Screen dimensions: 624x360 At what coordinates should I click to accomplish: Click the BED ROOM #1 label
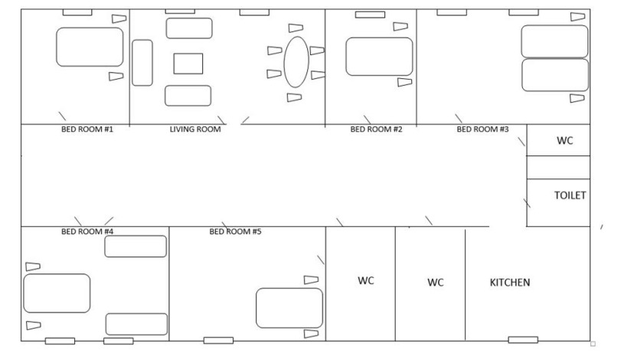(87, 129)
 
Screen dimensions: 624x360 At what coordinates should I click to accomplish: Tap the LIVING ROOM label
(195, 129)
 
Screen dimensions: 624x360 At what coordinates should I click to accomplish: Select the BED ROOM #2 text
(376, 129)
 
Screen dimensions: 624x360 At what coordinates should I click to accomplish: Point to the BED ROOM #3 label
(482, 129)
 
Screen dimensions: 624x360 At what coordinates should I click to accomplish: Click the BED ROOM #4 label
(87, 231)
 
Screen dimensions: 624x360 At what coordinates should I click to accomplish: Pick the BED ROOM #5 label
(235, 231)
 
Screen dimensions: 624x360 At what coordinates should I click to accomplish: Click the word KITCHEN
(510, 283)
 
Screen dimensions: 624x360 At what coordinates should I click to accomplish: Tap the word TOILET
(570, 195)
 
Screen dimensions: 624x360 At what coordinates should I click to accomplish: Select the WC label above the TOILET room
(565, 141)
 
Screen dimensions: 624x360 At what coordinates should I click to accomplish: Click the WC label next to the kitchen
(436, 283)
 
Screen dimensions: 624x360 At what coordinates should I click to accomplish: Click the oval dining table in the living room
(296, 62)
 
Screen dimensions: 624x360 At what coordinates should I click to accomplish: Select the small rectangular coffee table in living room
(188, 64)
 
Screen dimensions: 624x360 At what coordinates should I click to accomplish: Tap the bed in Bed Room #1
(90, 47)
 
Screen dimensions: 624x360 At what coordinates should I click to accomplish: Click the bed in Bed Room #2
(379, 57)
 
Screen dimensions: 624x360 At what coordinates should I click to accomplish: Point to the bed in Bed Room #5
(289, 308)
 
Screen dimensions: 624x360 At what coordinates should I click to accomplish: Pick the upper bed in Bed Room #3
(554, 41)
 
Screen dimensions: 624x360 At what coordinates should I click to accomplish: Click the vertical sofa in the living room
(142, 63)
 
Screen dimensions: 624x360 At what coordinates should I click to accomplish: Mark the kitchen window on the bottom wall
(523, 339)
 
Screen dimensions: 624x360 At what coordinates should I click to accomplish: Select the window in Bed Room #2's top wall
(370, 15)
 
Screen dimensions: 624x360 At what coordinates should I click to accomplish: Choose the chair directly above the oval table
(296, 28)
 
